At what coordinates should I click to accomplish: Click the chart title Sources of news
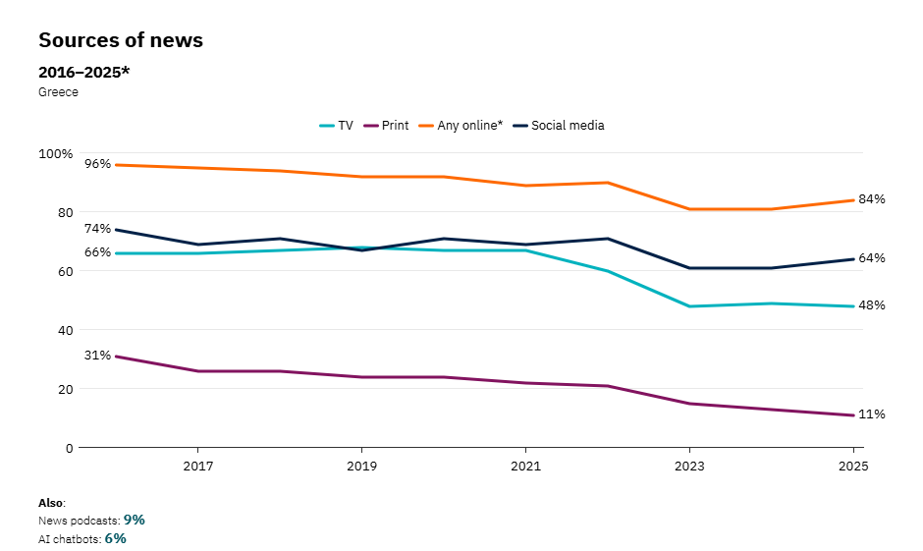121,40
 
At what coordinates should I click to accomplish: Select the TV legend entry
337,126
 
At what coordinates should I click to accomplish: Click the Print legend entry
387,126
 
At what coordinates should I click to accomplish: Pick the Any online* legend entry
461,126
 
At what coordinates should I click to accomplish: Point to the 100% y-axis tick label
55,154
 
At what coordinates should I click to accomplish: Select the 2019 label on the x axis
361,465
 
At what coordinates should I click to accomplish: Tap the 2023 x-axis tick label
689,465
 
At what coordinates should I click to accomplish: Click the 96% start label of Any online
98,164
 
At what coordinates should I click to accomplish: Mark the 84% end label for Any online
872,199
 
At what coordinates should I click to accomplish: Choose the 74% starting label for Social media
98,229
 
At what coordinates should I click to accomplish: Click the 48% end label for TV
872,305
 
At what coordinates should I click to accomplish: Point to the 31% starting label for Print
98,356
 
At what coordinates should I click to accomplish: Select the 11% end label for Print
872,414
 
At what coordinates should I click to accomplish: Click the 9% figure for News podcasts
135,520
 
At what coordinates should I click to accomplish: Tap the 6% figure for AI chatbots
116,538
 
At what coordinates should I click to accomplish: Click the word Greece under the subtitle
58,92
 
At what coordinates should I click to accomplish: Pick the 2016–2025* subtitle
83,72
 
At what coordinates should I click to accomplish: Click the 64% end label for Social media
872,258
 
